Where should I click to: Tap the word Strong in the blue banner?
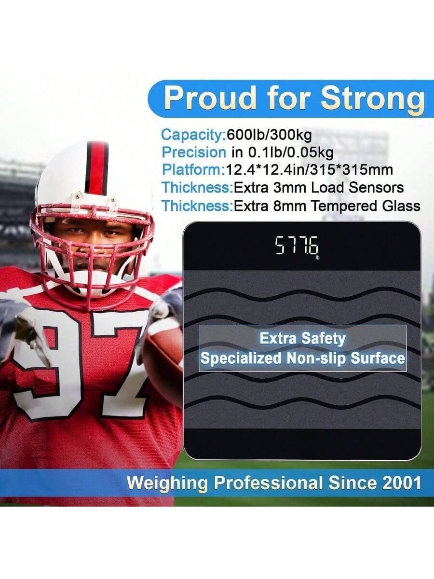point(372,99)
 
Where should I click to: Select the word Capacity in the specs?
point(192,135)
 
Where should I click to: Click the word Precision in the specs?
point(194,153)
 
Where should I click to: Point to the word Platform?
point(192,170)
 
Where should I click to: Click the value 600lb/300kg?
point(269,135)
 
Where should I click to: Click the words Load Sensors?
point(358,188)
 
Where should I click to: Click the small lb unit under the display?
point(317,258)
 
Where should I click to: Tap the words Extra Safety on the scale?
point(302,339)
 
